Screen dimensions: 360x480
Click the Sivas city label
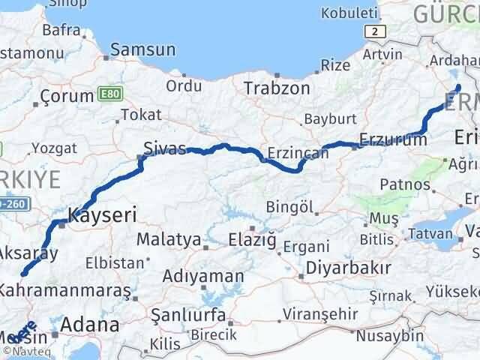[165, 148]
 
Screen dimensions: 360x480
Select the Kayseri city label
[102, 215]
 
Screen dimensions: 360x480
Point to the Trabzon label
[277, 88]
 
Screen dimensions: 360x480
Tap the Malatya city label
[169, 240]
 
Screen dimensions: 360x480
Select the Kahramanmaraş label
[65, 289]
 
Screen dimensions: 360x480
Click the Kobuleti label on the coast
[349, 13]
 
